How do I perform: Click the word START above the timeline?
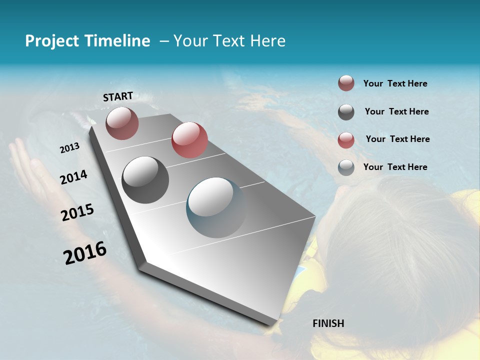point(118,96)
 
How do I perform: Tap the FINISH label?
point(328,323)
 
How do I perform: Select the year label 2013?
point(69,148)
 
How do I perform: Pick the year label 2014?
point(73,177)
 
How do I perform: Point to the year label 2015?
point(77,212)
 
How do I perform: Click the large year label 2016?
point(85,252)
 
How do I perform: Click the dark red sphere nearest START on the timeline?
point(122,123)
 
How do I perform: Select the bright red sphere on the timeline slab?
point(189,140)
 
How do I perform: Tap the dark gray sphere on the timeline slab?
point(145,180)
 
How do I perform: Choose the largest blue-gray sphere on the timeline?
point(216,207)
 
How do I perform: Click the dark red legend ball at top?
point(346,83)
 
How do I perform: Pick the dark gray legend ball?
point(346,112)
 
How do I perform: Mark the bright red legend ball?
point(346,140)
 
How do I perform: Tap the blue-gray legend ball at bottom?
point(346,167)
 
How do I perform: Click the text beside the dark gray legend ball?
point(396,111)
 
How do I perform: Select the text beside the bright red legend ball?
point(397,139)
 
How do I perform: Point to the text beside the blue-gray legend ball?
point(395,167)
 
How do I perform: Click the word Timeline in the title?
point(117,41)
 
